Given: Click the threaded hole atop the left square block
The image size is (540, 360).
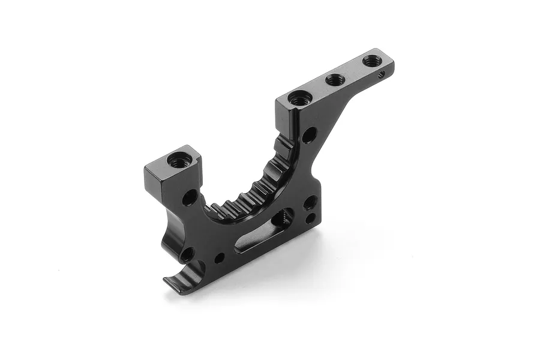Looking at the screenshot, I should [178, 160].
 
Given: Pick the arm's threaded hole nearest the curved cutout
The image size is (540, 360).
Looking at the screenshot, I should [297, 98].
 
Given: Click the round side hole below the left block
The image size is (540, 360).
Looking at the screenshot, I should [190, 197].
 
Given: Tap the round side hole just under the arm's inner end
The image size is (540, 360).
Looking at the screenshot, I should [308, 135].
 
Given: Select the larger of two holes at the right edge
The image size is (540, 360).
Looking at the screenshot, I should [311, 202].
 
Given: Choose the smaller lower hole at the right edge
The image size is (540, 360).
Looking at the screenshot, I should [310, 218].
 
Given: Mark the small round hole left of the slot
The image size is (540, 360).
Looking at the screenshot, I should [220, 258].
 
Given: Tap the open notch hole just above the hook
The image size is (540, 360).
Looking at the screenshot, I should [187, 255].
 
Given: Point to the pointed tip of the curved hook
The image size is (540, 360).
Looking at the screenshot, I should [167, 281].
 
